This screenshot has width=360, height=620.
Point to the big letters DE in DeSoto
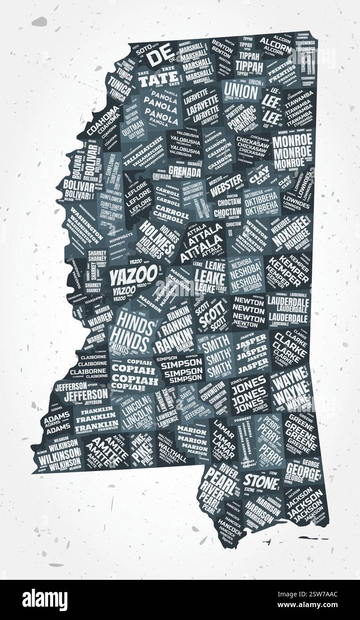pyautogui.click(x=160, y=58)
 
